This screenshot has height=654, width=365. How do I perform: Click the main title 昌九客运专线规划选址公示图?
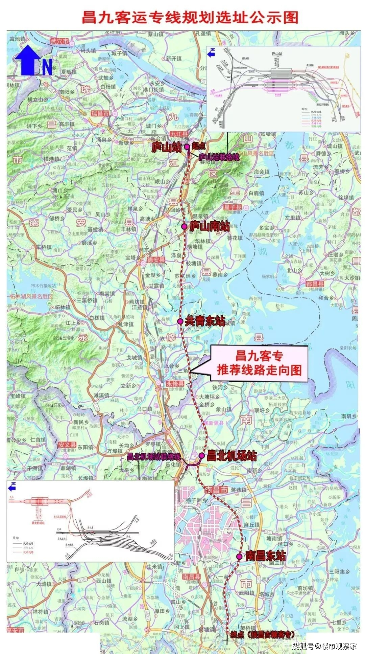point(190,17)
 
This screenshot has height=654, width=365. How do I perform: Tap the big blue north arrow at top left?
point(28,61)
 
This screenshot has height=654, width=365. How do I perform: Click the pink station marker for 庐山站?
point(187,146)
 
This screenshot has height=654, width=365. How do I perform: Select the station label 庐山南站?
point(209,226)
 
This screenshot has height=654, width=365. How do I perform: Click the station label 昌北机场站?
point(232,456)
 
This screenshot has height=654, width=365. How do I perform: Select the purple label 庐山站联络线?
point(219,157)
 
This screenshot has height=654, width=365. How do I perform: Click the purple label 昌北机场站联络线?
point(154,456)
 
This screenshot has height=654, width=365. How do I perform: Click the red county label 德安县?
point(156,260)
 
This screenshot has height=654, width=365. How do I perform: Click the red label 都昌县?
point(315,284)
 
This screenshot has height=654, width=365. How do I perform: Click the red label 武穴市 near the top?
point(59,41)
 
